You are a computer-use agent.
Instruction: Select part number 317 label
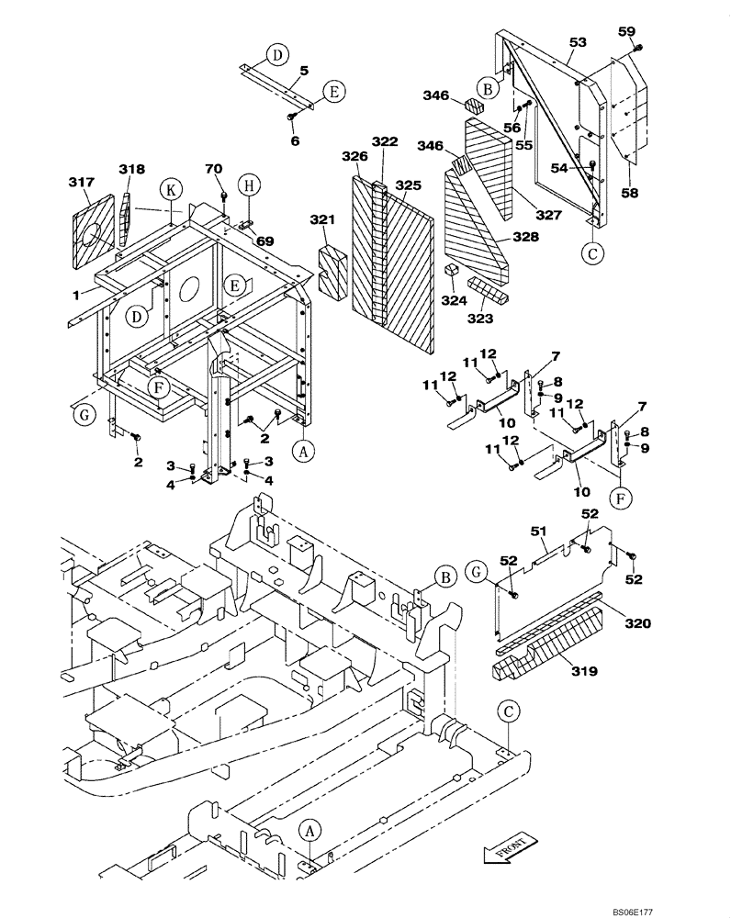82,184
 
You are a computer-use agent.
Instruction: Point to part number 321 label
321,222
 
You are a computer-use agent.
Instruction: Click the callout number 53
578,42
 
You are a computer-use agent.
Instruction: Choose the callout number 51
540,530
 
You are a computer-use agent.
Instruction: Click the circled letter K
170,190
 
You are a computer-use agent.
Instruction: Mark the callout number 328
526,237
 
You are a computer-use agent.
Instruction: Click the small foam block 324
450,270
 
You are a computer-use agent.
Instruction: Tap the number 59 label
626,31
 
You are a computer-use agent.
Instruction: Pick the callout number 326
354,156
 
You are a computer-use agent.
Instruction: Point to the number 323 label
479,319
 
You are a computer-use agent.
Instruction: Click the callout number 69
265,240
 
